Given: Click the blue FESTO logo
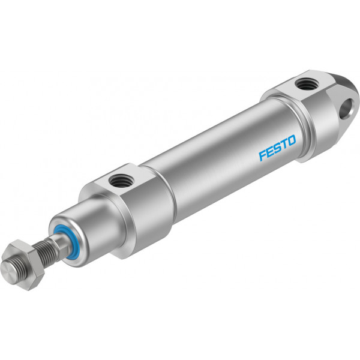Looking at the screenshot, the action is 278,148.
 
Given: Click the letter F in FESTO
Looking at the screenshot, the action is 262,155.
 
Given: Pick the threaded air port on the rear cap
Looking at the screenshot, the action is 305,84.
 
